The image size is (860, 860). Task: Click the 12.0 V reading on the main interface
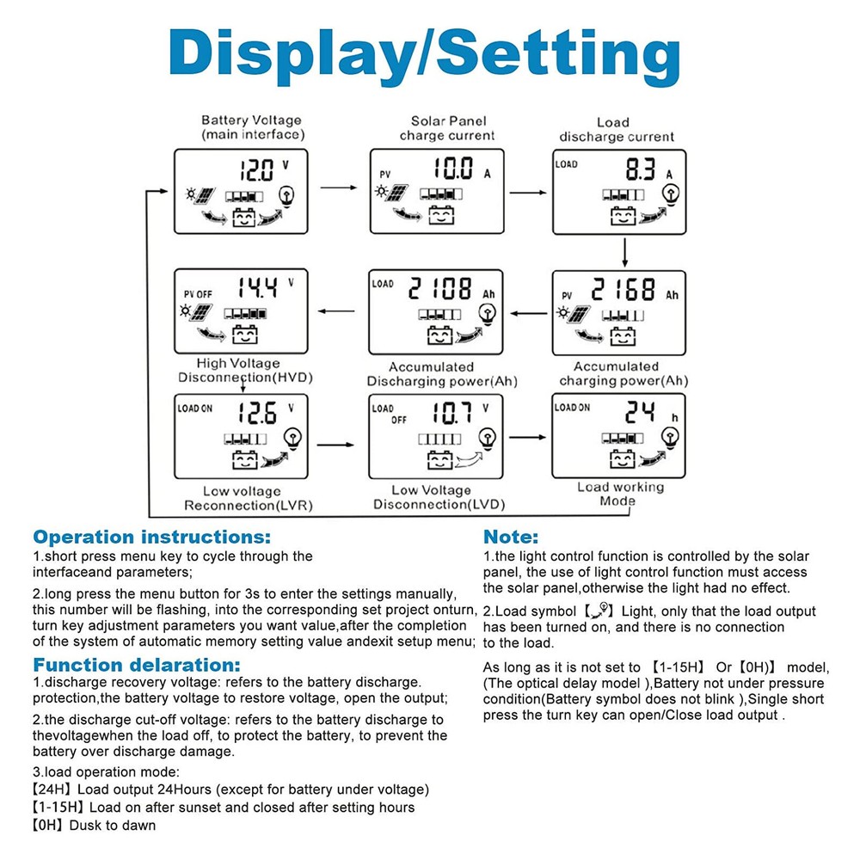(255, 168)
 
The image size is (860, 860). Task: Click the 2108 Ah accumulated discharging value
(440, 288)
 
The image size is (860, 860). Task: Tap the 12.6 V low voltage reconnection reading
(257, 414)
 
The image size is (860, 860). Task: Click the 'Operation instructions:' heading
(151, 537)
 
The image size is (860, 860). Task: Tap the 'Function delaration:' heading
(137, 665)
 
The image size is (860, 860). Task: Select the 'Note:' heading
(511, 537)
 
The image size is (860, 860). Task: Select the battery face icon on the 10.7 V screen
(440, 462)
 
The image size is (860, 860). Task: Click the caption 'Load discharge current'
(617, 130)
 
